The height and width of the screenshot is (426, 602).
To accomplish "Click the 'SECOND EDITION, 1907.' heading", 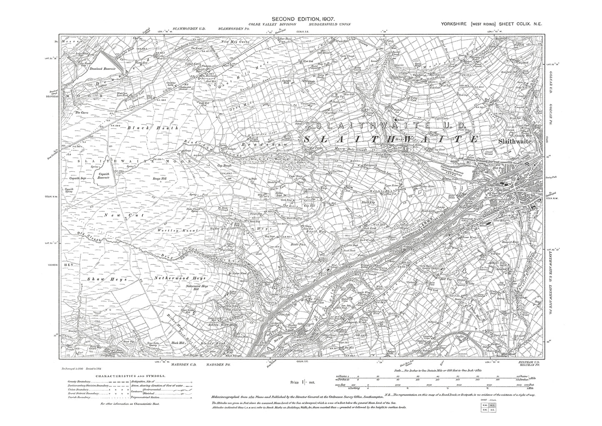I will coord(303,19).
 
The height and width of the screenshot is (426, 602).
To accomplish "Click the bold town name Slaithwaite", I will coord(515,142).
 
